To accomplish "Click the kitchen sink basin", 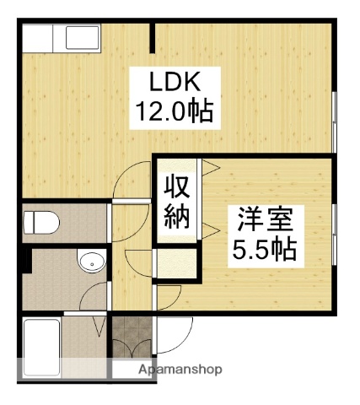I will tap(82, 39).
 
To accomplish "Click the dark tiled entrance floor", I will tap(128, 337).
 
